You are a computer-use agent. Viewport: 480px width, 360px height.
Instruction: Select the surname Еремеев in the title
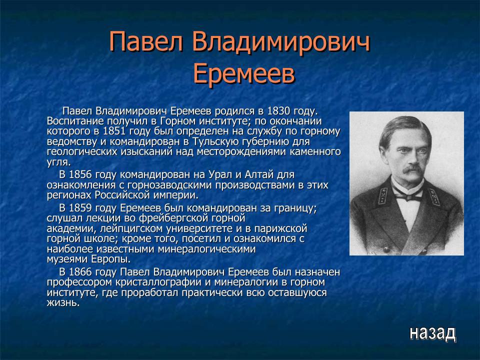coord(243,74)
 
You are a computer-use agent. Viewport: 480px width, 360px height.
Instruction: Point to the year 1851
coord(115,131)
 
